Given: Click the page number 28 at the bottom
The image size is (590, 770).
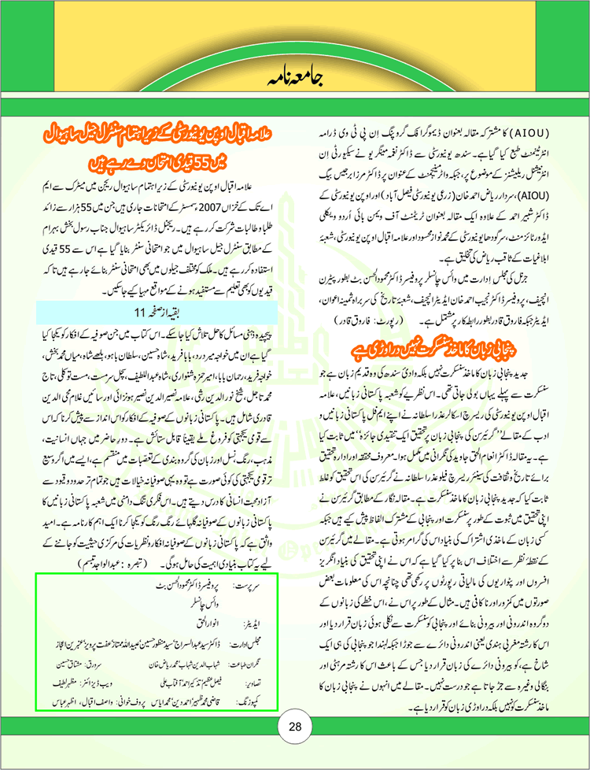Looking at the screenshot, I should coord(295,725).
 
